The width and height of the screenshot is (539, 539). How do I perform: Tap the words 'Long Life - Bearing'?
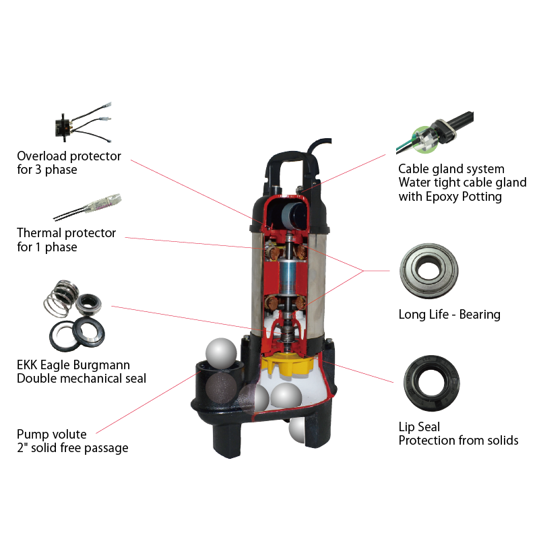tap(449, 315)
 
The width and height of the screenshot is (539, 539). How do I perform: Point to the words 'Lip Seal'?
tap(419, 427)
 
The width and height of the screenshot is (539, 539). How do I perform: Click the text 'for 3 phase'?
tap(46, 170)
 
